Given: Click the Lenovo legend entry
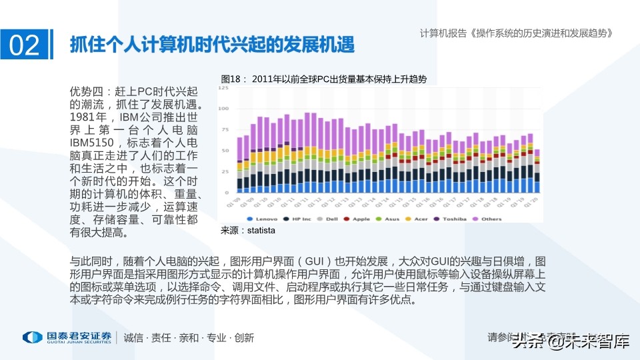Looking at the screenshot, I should [264, 219].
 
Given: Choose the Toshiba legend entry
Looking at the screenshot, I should [454, 219].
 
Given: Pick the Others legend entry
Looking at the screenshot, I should [490, 219].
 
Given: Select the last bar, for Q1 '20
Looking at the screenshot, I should [537, 171].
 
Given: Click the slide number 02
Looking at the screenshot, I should [25, 45].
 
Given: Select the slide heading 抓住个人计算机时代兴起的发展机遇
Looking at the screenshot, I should [212, 45].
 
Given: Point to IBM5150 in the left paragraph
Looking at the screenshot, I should [93, 143].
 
